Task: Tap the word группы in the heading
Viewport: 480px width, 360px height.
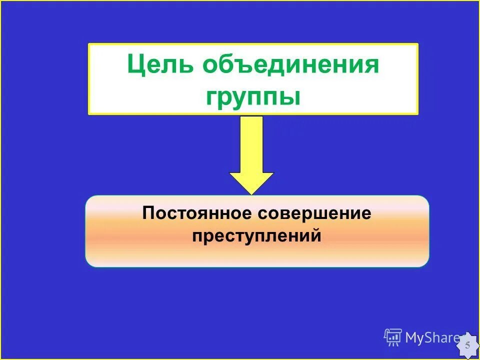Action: tap(253, 96)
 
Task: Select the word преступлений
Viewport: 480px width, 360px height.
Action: tap(256, 235)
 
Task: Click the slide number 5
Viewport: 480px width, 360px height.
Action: tap(467, 345)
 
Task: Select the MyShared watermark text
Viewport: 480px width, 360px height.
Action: tap(432, 338)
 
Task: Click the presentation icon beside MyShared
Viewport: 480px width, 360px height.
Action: tap(393, 337)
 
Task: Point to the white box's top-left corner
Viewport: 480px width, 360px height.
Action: tap(89, 44)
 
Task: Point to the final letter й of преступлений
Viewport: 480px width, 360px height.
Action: tap(315, 235)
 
